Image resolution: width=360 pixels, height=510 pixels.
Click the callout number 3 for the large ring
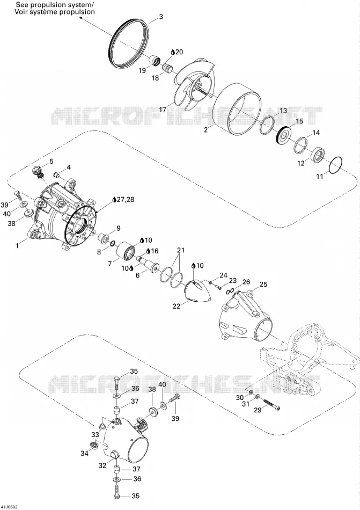[x=161, y=17]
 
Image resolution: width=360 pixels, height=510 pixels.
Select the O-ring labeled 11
[x=335, y=166]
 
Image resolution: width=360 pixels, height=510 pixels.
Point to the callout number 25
[x=263, y=285]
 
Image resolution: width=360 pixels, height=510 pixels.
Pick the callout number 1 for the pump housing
[x=18, y=246]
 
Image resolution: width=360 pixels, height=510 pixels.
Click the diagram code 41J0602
[x=9, y=507]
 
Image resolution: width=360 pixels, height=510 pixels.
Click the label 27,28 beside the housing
[x=125, y=199]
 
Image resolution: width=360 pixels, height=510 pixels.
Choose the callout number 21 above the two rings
[x=180, y=250]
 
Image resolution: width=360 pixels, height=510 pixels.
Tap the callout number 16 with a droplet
[x=155, y=251]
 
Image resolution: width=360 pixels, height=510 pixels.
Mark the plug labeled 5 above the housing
[x=39, y=172]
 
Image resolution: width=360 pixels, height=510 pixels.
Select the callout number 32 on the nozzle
[x=102, y=465]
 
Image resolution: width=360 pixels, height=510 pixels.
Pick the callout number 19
[x=142, y=70]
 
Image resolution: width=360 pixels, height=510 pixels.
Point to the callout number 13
[x=283, y=110]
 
